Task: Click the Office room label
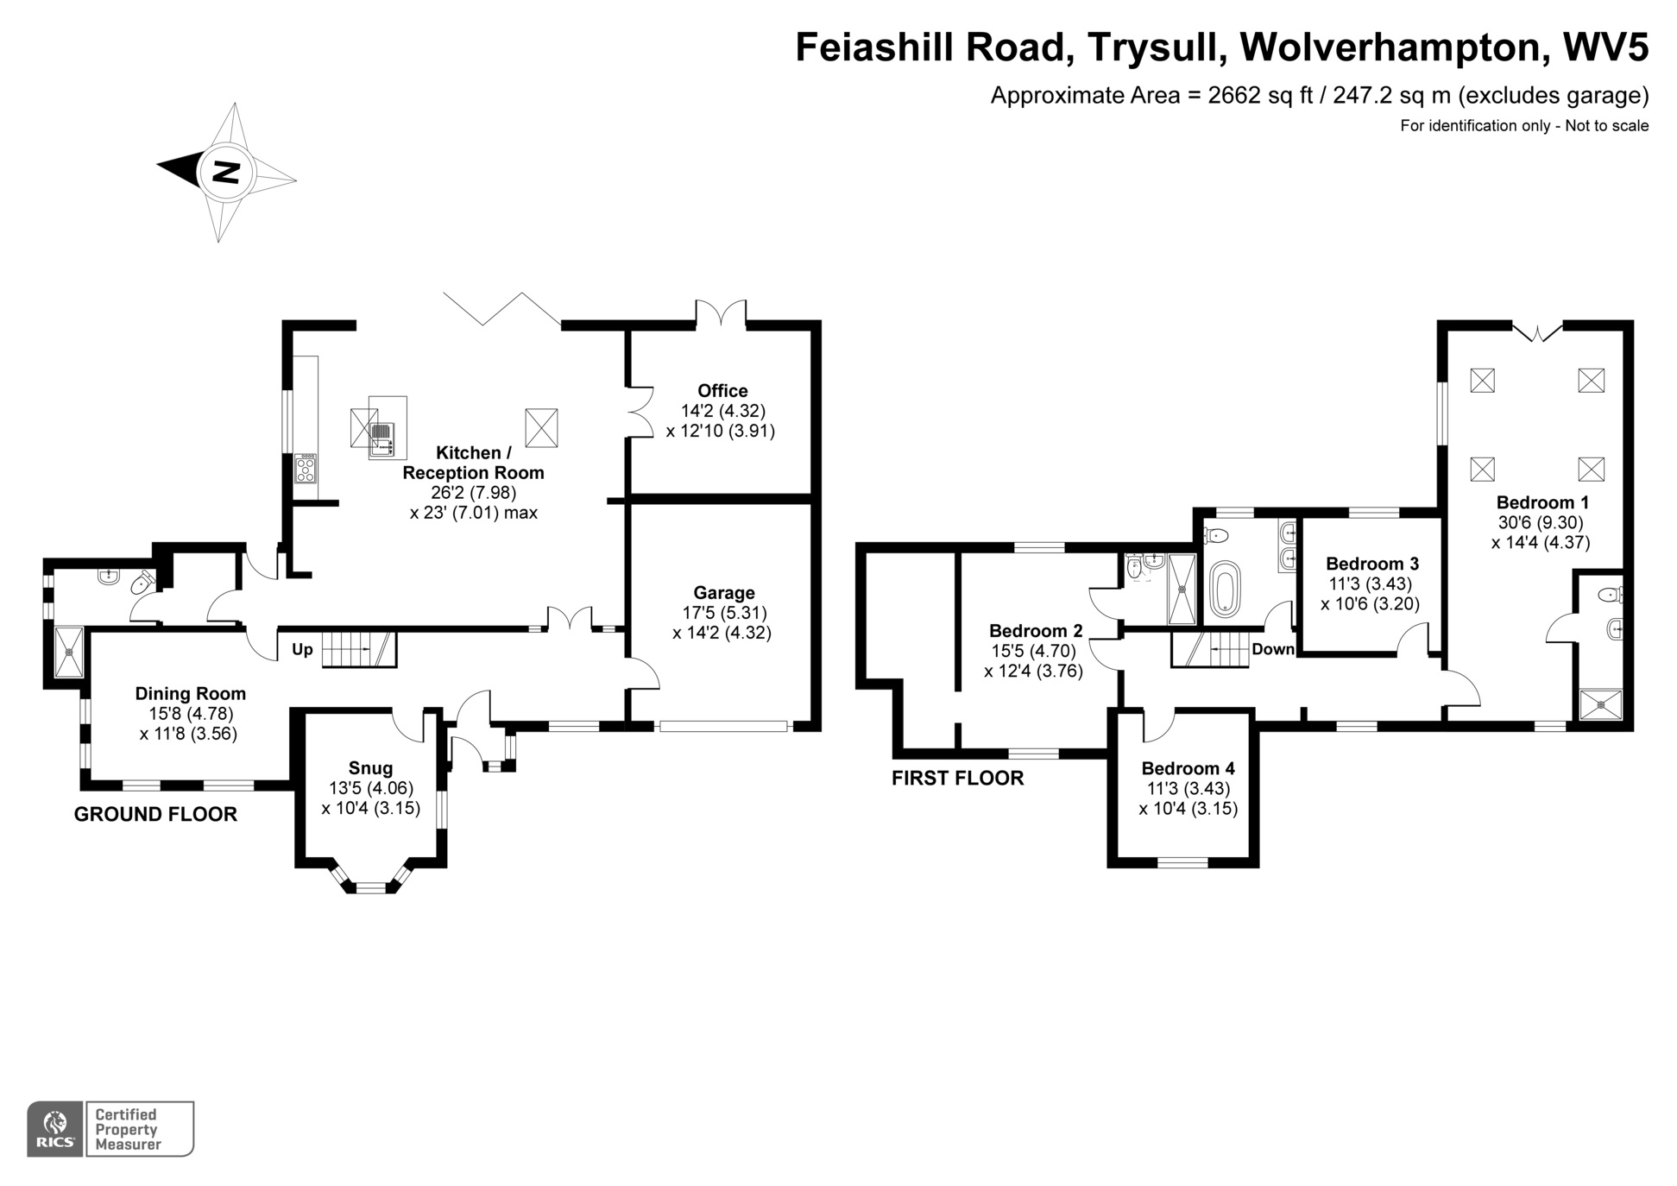722,391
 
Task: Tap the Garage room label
723,593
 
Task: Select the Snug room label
370,768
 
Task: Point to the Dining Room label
190,694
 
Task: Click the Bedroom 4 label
1188,768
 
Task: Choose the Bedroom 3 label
1371,564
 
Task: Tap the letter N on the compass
226,172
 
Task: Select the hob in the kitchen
306,469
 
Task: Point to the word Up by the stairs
302,650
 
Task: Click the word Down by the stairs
1272,649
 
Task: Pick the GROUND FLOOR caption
155,814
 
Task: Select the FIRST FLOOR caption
957,779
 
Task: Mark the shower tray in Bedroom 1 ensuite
1600,704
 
